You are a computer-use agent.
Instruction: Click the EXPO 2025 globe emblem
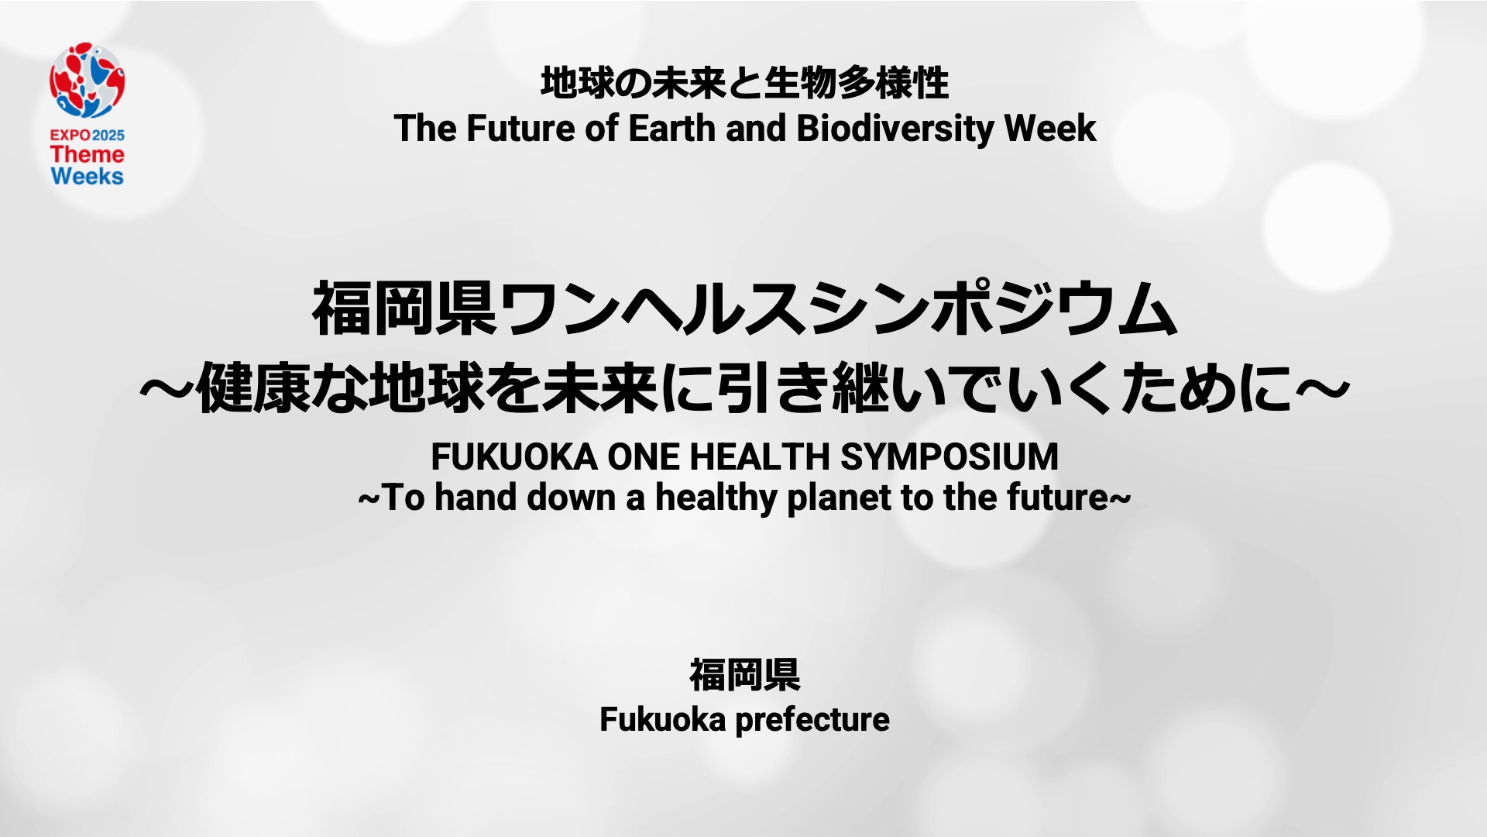88,81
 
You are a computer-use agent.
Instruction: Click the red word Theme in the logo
87,154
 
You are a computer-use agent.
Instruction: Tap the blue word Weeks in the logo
87,176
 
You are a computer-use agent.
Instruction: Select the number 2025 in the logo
108,135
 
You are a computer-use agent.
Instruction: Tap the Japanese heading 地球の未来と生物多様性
744,83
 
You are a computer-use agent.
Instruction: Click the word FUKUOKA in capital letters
514,456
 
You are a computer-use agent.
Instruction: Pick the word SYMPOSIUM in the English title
950,456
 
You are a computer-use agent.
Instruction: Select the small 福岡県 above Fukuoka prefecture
744,674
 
